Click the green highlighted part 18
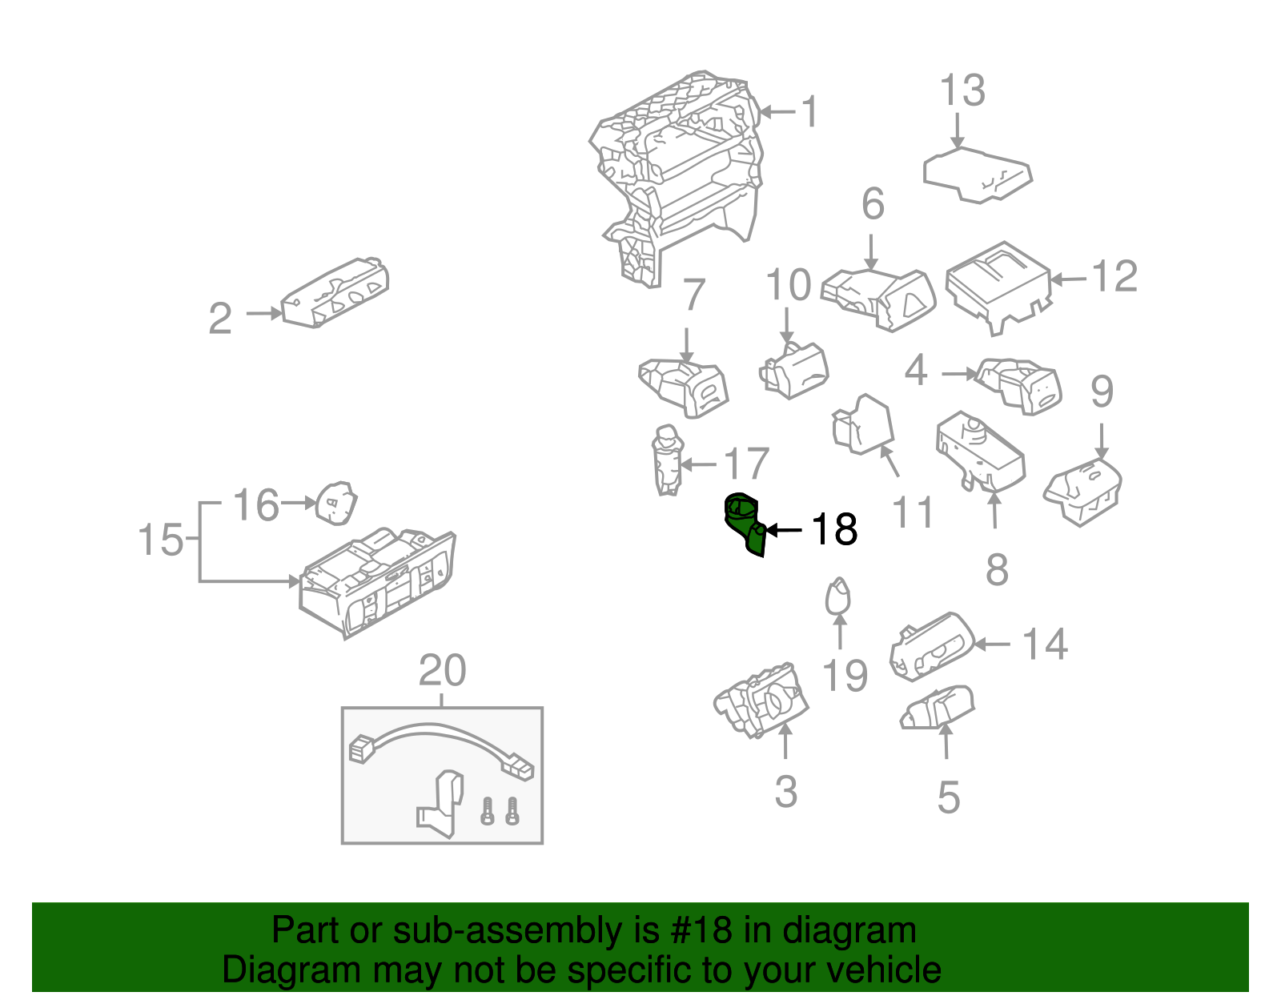click(x=745, y=524)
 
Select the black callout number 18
click(x=834, y=530)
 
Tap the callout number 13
click(x=962, y=90)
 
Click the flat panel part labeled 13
click(x=977, y=174)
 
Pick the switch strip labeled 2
click(x=336, y=293)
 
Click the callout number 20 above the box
click(x=442, y=671)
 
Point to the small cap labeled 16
click(x=335, y=504)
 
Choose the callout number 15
click(x=161, y=540)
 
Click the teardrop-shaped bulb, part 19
click(x=837, y=596)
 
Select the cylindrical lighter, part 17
click(x=667, y=461)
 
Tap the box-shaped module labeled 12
click(x=998, y=285)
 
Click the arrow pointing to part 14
click(x=992, y=644)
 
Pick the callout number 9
click(x=1102, y=392)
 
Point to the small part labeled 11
click(x=863, y=424)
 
